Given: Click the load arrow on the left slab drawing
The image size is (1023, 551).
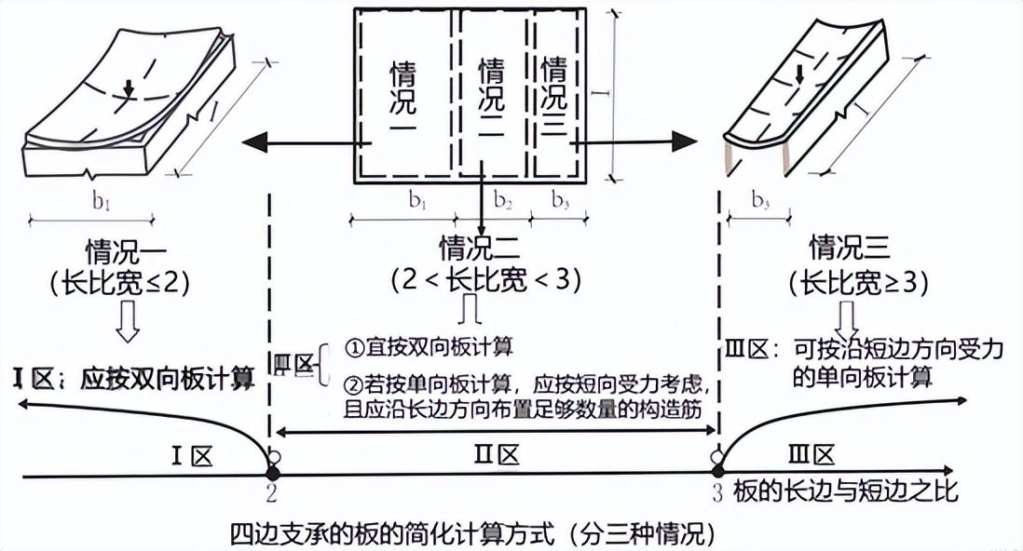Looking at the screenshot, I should [129, 87].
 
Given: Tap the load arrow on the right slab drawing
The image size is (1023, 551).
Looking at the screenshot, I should [798, 78].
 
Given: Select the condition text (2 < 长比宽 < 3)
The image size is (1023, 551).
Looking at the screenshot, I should [479, 279].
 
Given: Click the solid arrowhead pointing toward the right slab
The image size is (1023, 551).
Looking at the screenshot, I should [684, 142].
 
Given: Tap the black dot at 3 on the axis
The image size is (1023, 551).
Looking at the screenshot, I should [717, 475].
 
